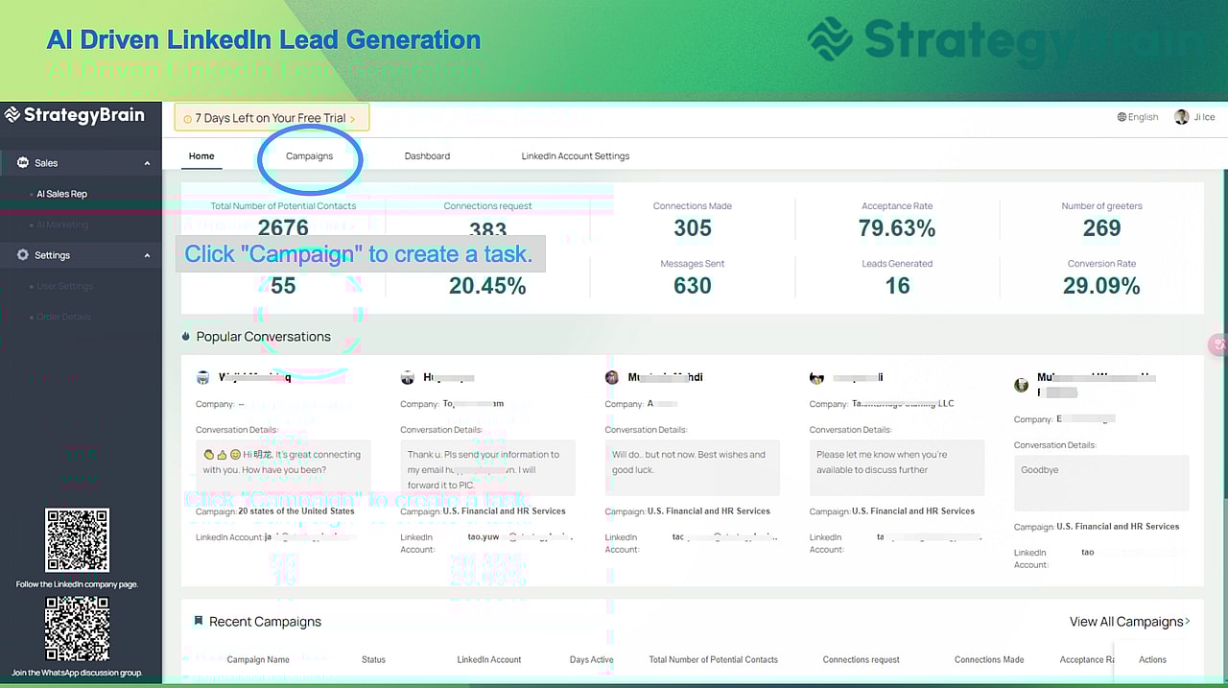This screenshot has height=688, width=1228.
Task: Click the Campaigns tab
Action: (x=309, y=156)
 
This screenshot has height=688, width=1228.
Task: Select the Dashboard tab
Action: (x=427, y=156)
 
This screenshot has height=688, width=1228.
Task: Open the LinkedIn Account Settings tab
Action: (x=575, y=156)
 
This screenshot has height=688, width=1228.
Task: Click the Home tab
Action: (x=201, y=156)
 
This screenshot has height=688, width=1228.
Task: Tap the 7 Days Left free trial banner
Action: (x=272, y=118)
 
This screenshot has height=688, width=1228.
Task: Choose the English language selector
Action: (x=1138, y=117)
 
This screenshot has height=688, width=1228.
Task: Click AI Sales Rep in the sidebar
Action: (x=61, y=194)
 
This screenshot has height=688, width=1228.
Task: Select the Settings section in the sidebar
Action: (x=52, y=255)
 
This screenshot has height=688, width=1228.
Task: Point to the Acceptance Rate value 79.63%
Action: (x=896, y=228)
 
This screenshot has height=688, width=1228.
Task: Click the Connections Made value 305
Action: (x=692, y=228)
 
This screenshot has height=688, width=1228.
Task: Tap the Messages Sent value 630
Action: (x=692, y=286)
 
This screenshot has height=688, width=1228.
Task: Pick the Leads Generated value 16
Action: (x=897, y=286)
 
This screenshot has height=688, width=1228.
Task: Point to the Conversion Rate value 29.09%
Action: (x=1101, y=286)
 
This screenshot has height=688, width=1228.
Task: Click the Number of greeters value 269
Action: (x=1101, y=228)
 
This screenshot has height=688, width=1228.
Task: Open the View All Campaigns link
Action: (x=1129, y=622)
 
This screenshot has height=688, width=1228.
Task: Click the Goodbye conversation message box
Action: (x=1100, y=483)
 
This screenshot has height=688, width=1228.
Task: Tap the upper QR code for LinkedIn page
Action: (x=77, y=541)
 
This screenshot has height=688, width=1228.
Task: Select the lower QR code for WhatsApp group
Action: (x=77, y=629)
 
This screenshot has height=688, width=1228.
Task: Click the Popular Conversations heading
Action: (x=263, y=337)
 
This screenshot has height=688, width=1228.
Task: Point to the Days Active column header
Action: (x=591, y=659)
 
